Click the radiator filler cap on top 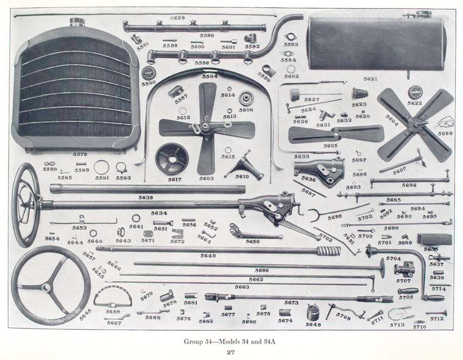pos(77,23)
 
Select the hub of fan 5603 pos(207,127)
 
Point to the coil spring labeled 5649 pos(314,312)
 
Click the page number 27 pos(231,352)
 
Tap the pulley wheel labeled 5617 pos(171,158)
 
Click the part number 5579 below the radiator pos(80,155)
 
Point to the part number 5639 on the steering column pos(146,197)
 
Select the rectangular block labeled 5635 pos(434,239)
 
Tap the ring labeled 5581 pos(102,166)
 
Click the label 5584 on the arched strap pos(210,77)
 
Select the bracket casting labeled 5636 pos(323,171)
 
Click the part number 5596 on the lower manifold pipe pos(202,62)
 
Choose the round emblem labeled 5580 pos(149,74)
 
